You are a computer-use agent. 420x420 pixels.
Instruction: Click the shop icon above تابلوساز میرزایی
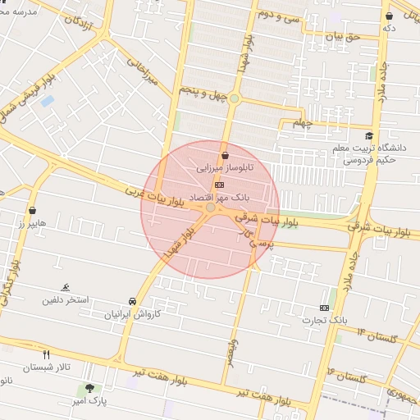(x=225, y=154)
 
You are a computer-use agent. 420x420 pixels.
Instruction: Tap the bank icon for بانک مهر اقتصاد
(x=218, y=185)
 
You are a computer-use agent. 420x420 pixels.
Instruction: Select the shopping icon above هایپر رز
(x=32, y=211)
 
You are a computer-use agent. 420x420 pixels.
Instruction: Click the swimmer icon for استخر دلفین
(x=65, y=287)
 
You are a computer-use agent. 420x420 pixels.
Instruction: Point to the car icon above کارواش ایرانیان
(x=132, y=301)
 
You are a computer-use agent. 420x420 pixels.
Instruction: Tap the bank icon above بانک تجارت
(x=325, y=308)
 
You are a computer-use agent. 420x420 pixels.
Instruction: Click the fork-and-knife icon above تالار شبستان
(x=46, y=354)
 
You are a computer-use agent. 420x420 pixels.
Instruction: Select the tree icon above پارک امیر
(x=89, y=387)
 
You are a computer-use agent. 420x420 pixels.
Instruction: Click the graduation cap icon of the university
(x=369, y=136)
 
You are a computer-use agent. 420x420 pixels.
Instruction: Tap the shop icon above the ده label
(x=389, y=16)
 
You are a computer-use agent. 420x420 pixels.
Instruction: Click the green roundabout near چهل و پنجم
(x=235, y=99)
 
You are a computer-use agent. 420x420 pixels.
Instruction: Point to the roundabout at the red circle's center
(x=211, y=208)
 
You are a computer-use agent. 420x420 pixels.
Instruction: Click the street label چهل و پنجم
(x=205, y=97)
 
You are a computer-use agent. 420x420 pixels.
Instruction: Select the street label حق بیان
(x=343, y=37)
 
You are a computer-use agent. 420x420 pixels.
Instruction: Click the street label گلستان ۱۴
(x=377, y=336)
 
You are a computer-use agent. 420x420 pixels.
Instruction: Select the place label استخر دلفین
(x=66, y=300)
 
